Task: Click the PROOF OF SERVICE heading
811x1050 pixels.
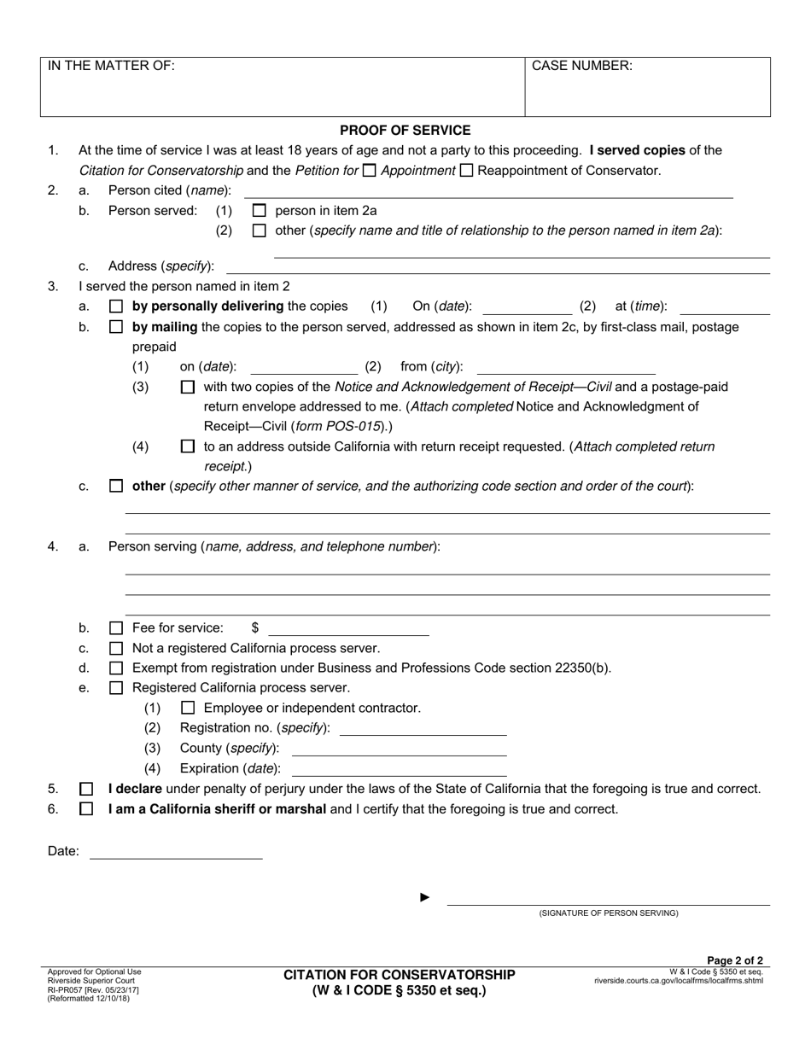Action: (405, 131)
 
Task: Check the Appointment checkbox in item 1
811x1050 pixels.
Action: (369, 171)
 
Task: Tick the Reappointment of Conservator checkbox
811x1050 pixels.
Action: (466, 171)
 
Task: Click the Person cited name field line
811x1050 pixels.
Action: (487, 191)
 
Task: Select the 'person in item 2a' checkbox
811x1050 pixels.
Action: (260, 211)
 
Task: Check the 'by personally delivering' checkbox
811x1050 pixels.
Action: (116, 306)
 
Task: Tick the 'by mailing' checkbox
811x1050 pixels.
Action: (116, 327)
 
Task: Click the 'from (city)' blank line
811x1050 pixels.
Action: (565, 368)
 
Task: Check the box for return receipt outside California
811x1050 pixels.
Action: (188, 446)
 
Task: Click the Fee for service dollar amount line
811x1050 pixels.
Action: (348, 629)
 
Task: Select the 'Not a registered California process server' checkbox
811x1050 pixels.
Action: (116, 649)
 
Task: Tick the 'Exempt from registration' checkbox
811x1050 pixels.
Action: (116, 668)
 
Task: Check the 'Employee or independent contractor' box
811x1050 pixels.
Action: (188, 709)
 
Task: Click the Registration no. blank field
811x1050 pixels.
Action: (423, 729)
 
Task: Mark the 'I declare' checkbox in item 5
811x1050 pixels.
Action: (86, 790)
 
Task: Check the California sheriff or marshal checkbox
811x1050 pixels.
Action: (86, 809)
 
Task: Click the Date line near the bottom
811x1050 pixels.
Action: (176, 852)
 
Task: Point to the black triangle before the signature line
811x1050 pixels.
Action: (425, 897)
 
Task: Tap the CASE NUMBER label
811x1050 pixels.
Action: (582, 66)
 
